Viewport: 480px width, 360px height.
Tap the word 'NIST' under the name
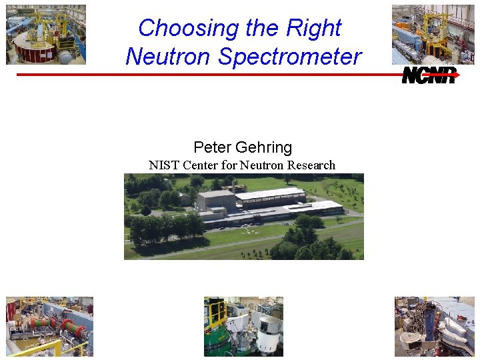164,165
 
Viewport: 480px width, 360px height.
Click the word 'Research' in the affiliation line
311,165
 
